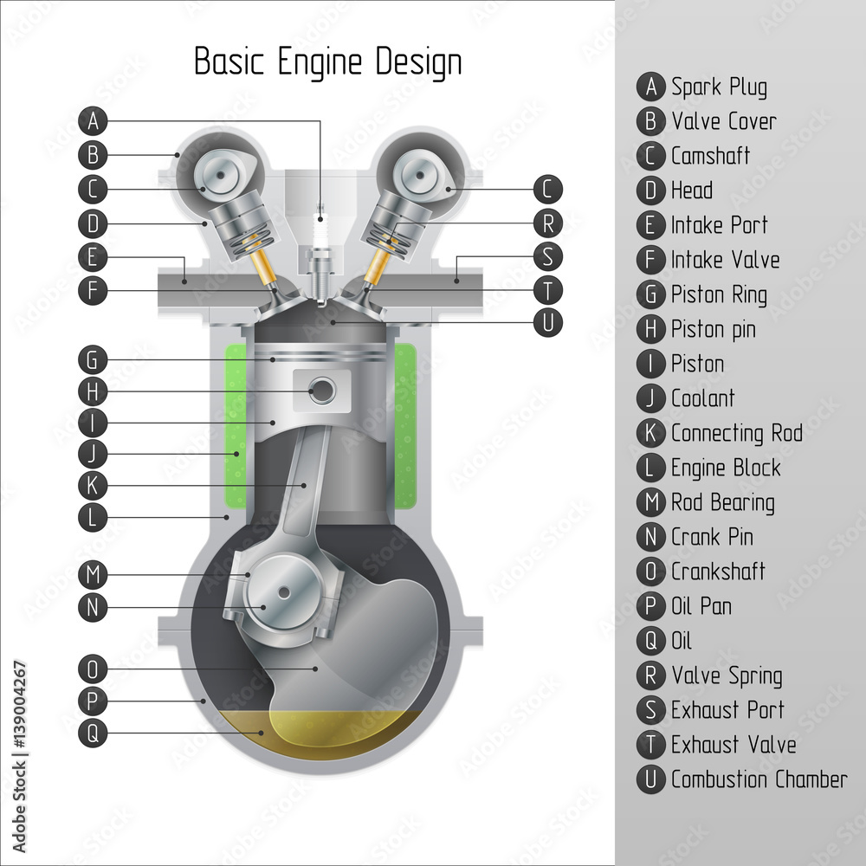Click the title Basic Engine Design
[327, 62]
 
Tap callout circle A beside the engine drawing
[93, 120]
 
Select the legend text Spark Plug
[719, 87]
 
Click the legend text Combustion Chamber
[759, 779]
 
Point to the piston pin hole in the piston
[321, 391]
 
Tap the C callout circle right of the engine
[547, 189]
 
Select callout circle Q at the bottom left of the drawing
[93, 734]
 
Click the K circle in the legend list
[650, 433]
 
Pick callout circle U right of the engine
[547, 322]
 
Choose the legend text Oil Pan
[701, 606]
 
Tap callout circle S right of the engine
[547, 256]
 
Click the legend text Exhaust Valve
[733, 745]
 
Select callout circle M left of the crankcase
[93, 573]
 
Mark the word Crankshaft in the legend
[718, 572]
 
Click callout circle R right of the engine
[547, 223]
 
